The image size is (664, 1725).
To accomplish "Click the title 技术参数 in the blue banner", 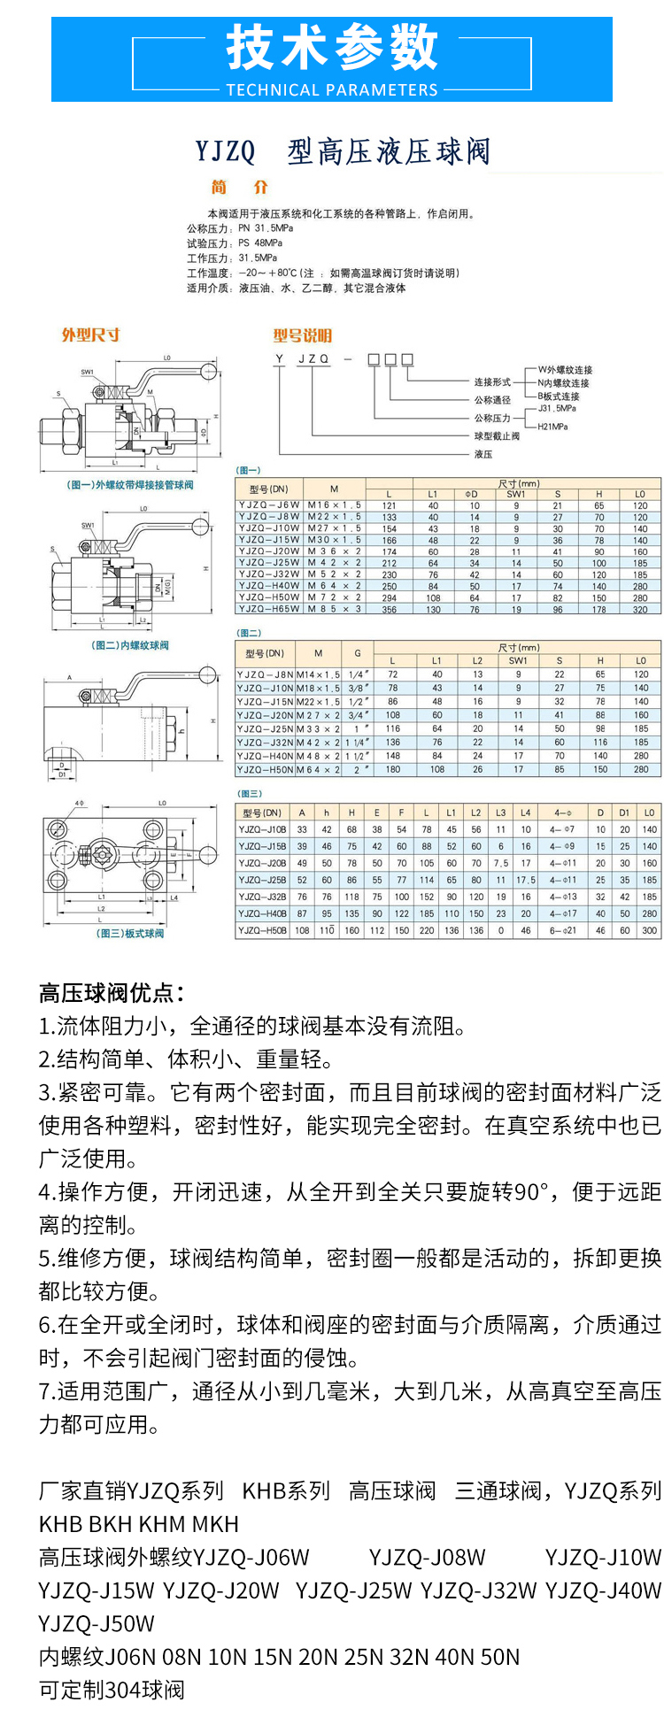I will click(332, 49).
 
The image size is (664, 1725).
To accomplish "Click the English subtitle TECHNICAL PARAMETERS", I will click(332, 89).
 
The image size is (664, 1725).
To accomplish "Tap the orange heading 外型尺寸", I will click(90, 335).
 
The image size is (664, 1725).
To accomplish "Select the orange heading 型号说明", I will click(302, 335).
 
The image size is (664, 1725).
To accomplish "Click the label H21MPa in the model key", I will click(552, 427).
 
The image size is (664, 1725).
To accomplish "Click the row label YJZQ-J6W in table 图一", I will click(269, 505).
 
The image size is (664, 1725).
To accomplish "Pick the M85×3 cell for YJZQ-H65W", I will click(334, 609).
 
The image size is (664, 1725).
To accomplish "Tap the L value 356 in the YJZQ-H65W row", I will click(390, 609).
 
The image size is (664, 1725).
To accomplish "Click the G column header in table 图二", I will click(357, 653).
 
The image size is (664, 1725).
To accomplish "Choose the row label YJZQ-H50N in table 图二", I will click(265, 770).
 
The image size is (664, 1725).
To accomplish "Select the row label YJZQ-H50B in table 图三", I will click(262, 930).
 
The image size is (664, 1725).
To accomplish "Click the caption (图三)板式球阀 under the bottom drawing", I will click(130, 934).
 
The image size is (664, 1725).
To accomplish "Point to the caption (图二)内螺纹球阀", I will click(130, 645).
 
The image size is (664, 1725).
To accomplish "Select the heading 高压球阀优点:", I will click(112, 993).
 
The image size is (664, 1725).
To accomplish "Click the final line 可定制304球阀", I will click(112, 1690).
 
